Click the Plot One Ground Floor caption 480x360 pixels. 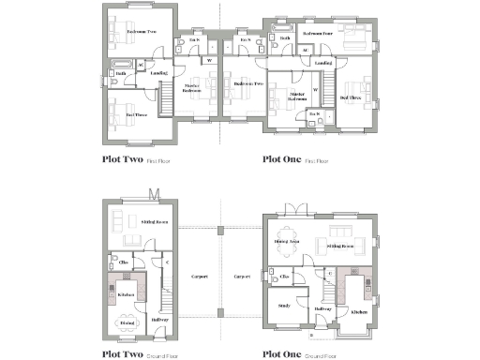pos(295,354)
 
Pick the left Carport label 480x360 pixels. pos(198,277)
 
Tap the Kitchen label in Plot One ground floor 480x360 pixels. pos(356,312)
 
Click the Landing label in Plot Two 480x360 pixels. pos(158,72)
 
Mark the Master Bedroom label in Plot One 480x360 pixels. pos(297,97)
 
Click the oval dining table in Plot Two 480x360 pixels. pos(126,322)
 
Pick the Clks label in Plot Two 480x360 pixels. pos(124,261)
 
